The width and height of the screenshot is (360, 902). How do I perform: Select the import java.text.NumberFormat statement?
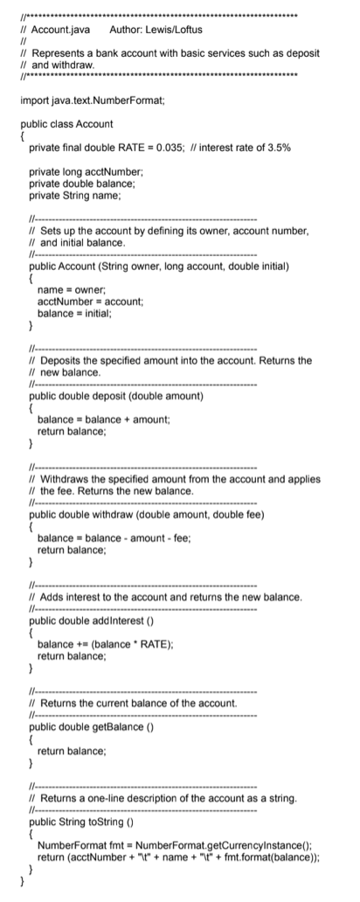[93, 101]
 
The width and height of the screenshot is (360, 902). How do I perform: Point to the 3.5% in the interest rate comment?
[279, 149]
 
